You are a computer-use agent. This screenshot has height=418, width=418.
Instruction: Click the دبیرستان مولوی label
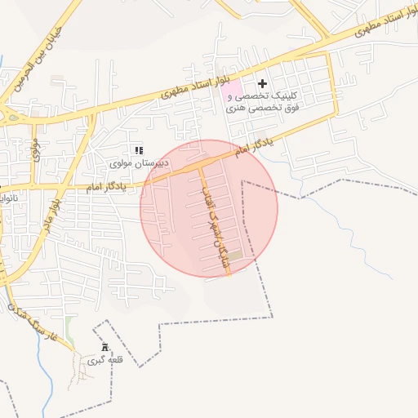pos(140,163)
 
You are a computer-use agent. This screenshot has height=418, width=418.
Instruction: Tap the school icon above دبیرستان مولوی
pos(139,150)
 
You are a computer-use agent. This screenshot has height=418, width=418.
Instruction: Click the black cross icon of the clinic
pos(263,83)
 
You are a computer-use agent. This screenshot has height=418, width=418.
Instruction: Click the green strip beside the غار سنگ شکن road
pos(69,331)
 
